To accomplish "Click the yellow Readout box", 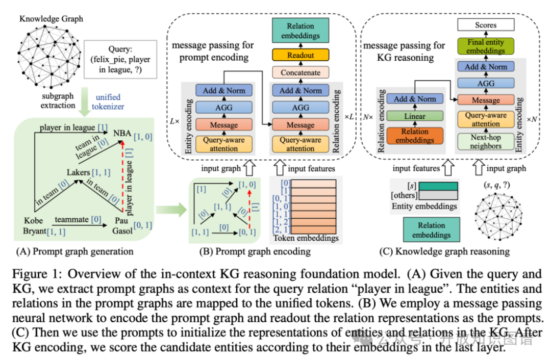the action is tap(300, 55).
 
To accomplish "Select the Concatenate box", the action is tap(300, 72).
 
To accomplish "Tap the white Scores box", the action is tap(486, 25).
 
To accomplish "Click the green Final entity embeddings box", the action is tap(486, 46).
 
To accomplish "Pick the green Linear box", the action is tap(415, 116).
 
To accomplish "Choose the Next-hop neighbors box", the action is tap(486, 142).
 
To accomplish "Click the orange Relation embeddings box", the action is tap(415, 136).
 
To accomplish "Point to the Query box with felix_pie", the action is tap(120, 59).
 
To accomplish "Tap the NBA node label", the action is tap(122, 134).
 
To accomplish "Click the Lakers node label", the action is tap(79, 172).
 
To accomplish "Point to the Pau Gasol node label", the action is tap(122, 225).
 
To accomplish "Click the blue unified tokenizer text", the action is tap(108, 102).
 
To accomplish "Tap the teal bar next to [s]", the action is tap(438, 186).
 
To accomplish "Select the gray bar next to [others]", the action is tap(438, 195).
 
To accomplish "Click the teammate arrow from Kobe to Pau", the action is tap(80, 225).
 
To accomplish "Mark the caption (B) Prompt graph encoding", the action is tap(255, 251).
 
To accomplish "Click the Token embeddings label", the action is tap(306, 238).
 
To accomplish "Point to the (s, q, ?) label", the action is tap(496, 185).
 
